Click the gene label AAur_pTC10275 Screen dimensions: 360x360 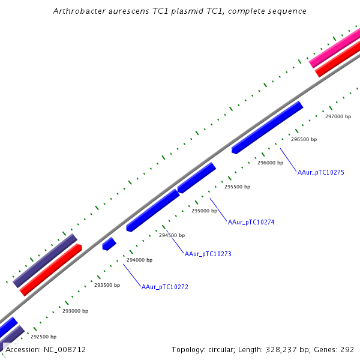click(320, 172)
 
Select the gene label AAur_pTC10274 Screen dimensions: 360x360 click(251, 222)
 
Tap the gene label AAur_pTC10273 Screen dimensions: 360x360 click(208, 254)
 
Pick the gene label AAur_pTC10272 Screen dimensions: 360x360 click(165, 287)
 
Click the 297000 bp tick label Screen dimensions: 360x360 click(338, 116)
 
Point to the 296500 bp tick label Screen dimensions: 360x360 click(304, 139)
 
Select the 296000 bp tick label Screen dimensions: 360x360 click(270, 163)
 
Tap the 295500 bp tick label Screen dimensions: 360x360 click(237, 187)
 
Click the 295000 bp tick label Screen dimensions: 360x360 click(204, 211)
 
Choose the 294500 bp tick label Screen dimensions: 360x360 click(172, 235)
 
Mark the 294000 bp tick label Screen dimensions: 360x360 click(139, 260)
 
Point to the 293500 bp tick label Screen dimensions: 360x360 click(107, 285)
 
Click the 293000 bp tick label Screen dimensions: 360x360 click(75, 311)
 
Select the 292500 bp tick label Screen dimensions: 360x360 click(43, 337)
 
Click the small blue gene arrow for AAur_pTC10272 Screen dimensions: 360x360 click(109, 244)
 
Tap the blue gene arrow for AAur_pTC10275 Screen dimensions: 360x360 click(267, 128)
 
